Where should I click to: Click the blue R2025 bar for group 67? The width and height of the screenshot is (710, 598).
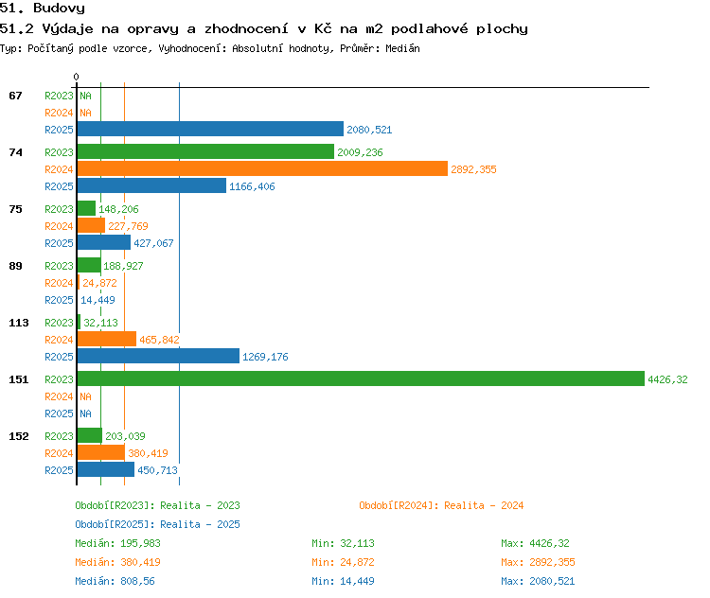[x=210, y=129]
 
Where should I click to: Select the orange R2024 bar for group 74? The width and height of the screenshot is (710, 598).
[x=262, y=168]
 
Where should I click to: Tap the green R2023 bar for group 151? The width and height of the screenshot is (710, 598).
[x=361, y=378]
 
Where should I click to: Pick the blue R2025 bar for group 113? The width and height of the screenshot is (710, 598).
[x=158, y=357]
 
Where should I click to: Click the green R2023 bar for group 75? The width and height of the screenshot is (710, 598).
[x=86, y=209]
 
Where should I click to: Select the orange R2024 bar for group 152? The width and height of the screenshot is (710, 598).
[x=101, y=452]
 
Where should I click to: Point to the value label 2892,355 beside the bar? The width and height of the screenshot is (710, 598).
[x=473, y=169]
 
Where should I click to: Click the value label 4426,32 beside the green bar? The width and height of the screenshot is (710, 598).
[x=667, y=379]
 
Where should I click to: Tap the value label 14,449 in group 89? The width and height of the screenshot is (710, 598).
[x=98, y=300]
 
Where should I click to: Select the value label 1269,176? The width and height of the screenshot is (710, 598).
[x=265, y=357]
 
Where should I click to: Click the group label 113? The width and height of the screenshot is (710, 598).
[x=19, y=323]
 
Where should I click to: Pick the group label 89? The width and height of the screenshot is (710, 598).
[x=15, y=266]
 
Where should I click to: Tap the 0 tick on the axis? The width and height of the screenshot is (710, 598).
[x=76, y=77]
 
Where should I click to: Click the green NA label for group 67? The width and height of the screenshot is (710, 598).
[x=85, y=96]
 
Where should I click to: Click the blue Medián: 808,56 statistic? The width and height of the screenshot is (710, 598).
[x=115, y=581]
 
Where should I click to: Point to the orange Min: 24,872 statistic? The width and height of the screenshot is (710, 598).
[x=343, y=562]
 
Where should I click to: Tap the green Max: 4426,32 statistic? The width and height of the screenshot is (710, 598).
[x=535, y=543]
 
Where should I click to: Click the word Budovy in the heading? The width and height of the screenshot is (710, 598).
[x=59, y=9]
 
